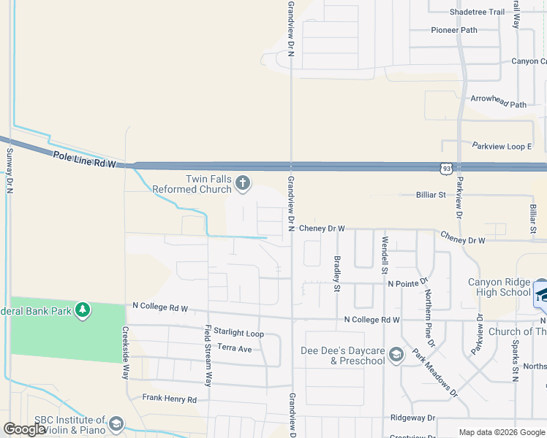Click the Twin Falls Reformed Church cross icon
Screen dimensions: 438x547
pyautogui.click(x=243, y=182)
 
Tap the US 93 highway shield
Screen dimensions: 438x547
pyautogui.click(x=445, y=169)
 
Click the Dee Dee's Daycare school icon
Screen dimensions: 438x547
pyautogui.click(x=396, y=355)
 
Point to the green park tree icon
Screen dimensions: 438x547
pyautogui.click(x=83, y=310)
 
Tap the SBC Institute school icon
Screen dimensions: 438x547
pyautogui.click(x=116, y=424)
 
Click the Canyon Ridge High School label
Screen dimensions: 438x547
pyautogui.click(x=499, y=288)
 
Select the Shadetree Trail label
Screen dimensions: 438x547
pyautogui.click(x=478, y=12)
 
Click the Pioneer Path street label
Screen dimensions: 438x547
pyautogui.click(x=453, y=30)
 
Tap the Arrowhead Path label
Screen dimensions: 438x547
pyautogui.click(x=498, y=104)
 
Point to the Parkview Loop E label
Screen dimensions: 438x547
pyautogui.click(x=501, y=146)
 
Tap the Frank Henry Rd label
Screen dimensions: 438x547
pyautogui.click(x=170, y=399)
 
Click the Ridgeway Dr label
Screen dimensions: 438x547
pyautogui.click(x=412, y=418)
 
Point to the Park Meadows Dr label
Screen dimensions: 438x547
pyautogui.click(x=434, y=373)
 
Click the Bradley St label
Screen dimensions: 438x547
pyautogui.click(x=337, y=273)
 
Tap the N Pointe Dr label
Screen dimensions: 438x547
pyautogui.click(x=407, y=283)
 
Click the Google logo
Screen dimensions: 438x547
pyautogui.click(x=25, y=429)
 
